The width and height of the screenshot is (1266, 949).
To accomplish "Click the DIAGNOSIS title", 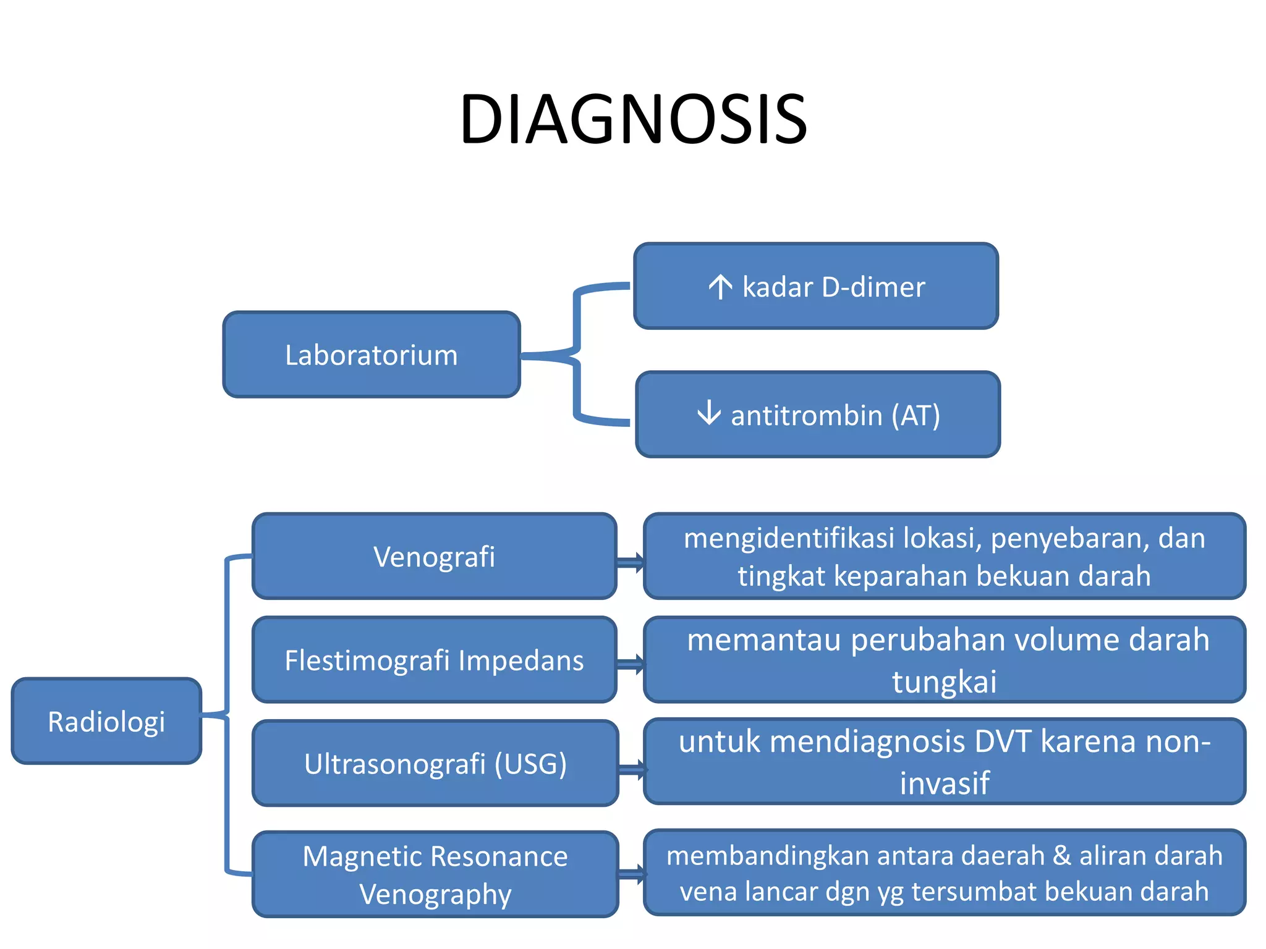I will pos(633,119).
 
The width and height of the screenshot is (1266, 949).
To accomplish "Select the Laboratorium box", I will pos(371,355).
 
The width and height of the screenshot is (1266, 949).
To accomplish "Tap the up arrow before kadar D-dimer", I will pos(720,287).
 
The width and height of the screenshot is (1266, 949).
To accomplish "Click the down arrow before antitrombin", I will pos(708,413).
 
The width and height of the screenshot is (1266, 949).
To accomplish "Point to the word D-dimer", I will pos(873,287).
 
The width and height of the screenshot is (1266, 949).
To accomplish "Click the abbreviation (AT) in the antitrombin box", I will pos(916,415).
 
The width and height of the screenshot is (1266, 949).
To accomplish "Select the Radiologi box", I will pos(106,722).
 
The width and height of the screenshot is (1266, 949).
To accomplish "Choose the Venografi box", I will pos(434,556).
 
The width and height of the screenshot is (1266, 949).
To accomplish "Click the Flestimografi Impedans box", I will pos(434,660).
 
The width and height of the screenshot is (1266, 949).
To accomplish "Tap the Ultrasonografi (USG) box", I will pos(435,764).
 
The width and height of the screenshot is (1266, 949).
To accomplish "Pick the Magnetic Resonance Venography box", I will pos(435,874).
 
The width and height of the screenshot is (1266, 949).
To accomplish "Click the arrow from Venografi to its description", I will pos(631,562).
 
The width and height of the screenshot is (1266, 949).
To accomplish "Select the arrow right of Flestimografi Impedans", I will pos(631,665).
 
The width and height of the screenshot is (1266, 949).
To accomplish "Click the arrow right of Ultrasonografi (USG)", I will pos(632,769).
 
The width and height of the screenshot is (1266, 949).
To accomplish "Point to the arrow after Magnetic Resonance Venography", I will pos(632,874).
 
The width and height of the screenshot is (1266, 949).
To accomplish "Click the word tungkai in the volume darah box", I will pos(944,682).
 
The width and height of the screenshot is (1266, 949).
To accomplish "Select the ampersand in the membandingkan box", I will pos(1062,856).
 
